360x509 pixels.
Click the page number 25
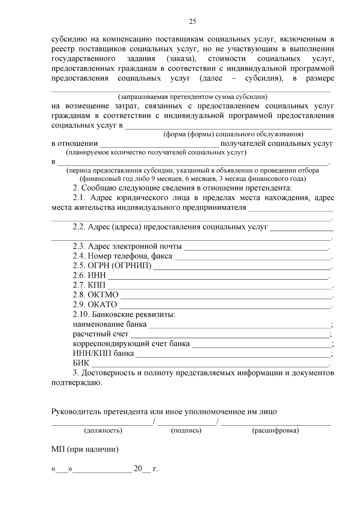pyautogui.click(x=192, y=21)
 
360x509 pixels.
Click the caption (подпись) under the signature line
pyautogui.click(x=186, y=431)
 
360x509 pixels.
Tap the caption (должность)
pyautogui.click(x=103, y=431)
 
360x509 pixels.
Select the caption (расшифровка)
pyautogui.click(x=275, y=431)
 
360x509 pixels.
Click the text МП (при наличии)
pyautogui.click(x=85, y=450)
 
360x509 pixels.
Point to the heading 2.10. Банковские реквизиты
pyautogui.click(x=124, y=315)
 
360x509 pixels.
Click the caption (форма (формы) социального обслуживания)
pyautogui.click(x=233, y=134)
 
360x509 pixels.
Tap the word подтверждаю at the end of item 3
pyautogui.click(x=76, y=383)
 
